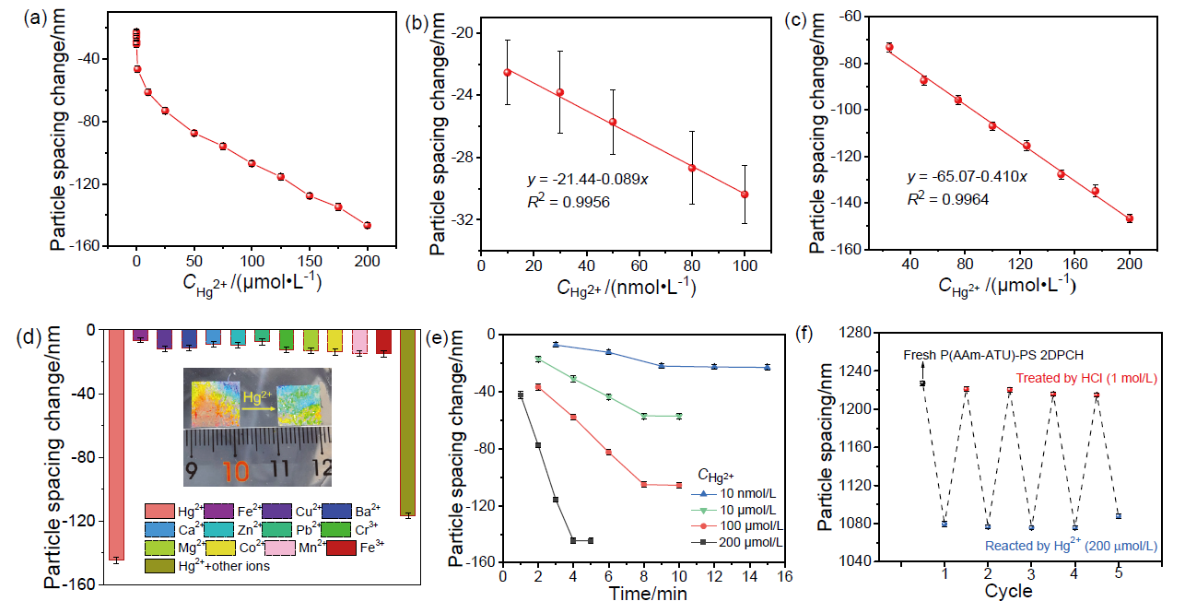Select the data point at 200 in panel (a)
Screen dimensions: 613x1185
(x=368, y=225)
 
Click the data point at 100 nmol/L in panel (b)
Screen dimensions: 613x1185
(x=745, y=195)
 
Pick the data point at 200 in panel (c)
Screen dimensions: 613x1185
(x=1129, y=218)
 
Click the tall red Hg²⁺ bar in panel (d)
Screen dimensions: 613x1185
(x=117, y=442)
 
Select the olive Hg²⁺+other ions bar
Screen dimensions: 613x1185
(x=407, y=420)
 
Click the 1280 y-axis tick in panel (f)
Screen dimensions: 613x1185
(x=879, y=333)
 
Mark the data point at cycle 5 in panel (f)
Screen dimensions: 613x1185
(x=1118, y=515)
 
